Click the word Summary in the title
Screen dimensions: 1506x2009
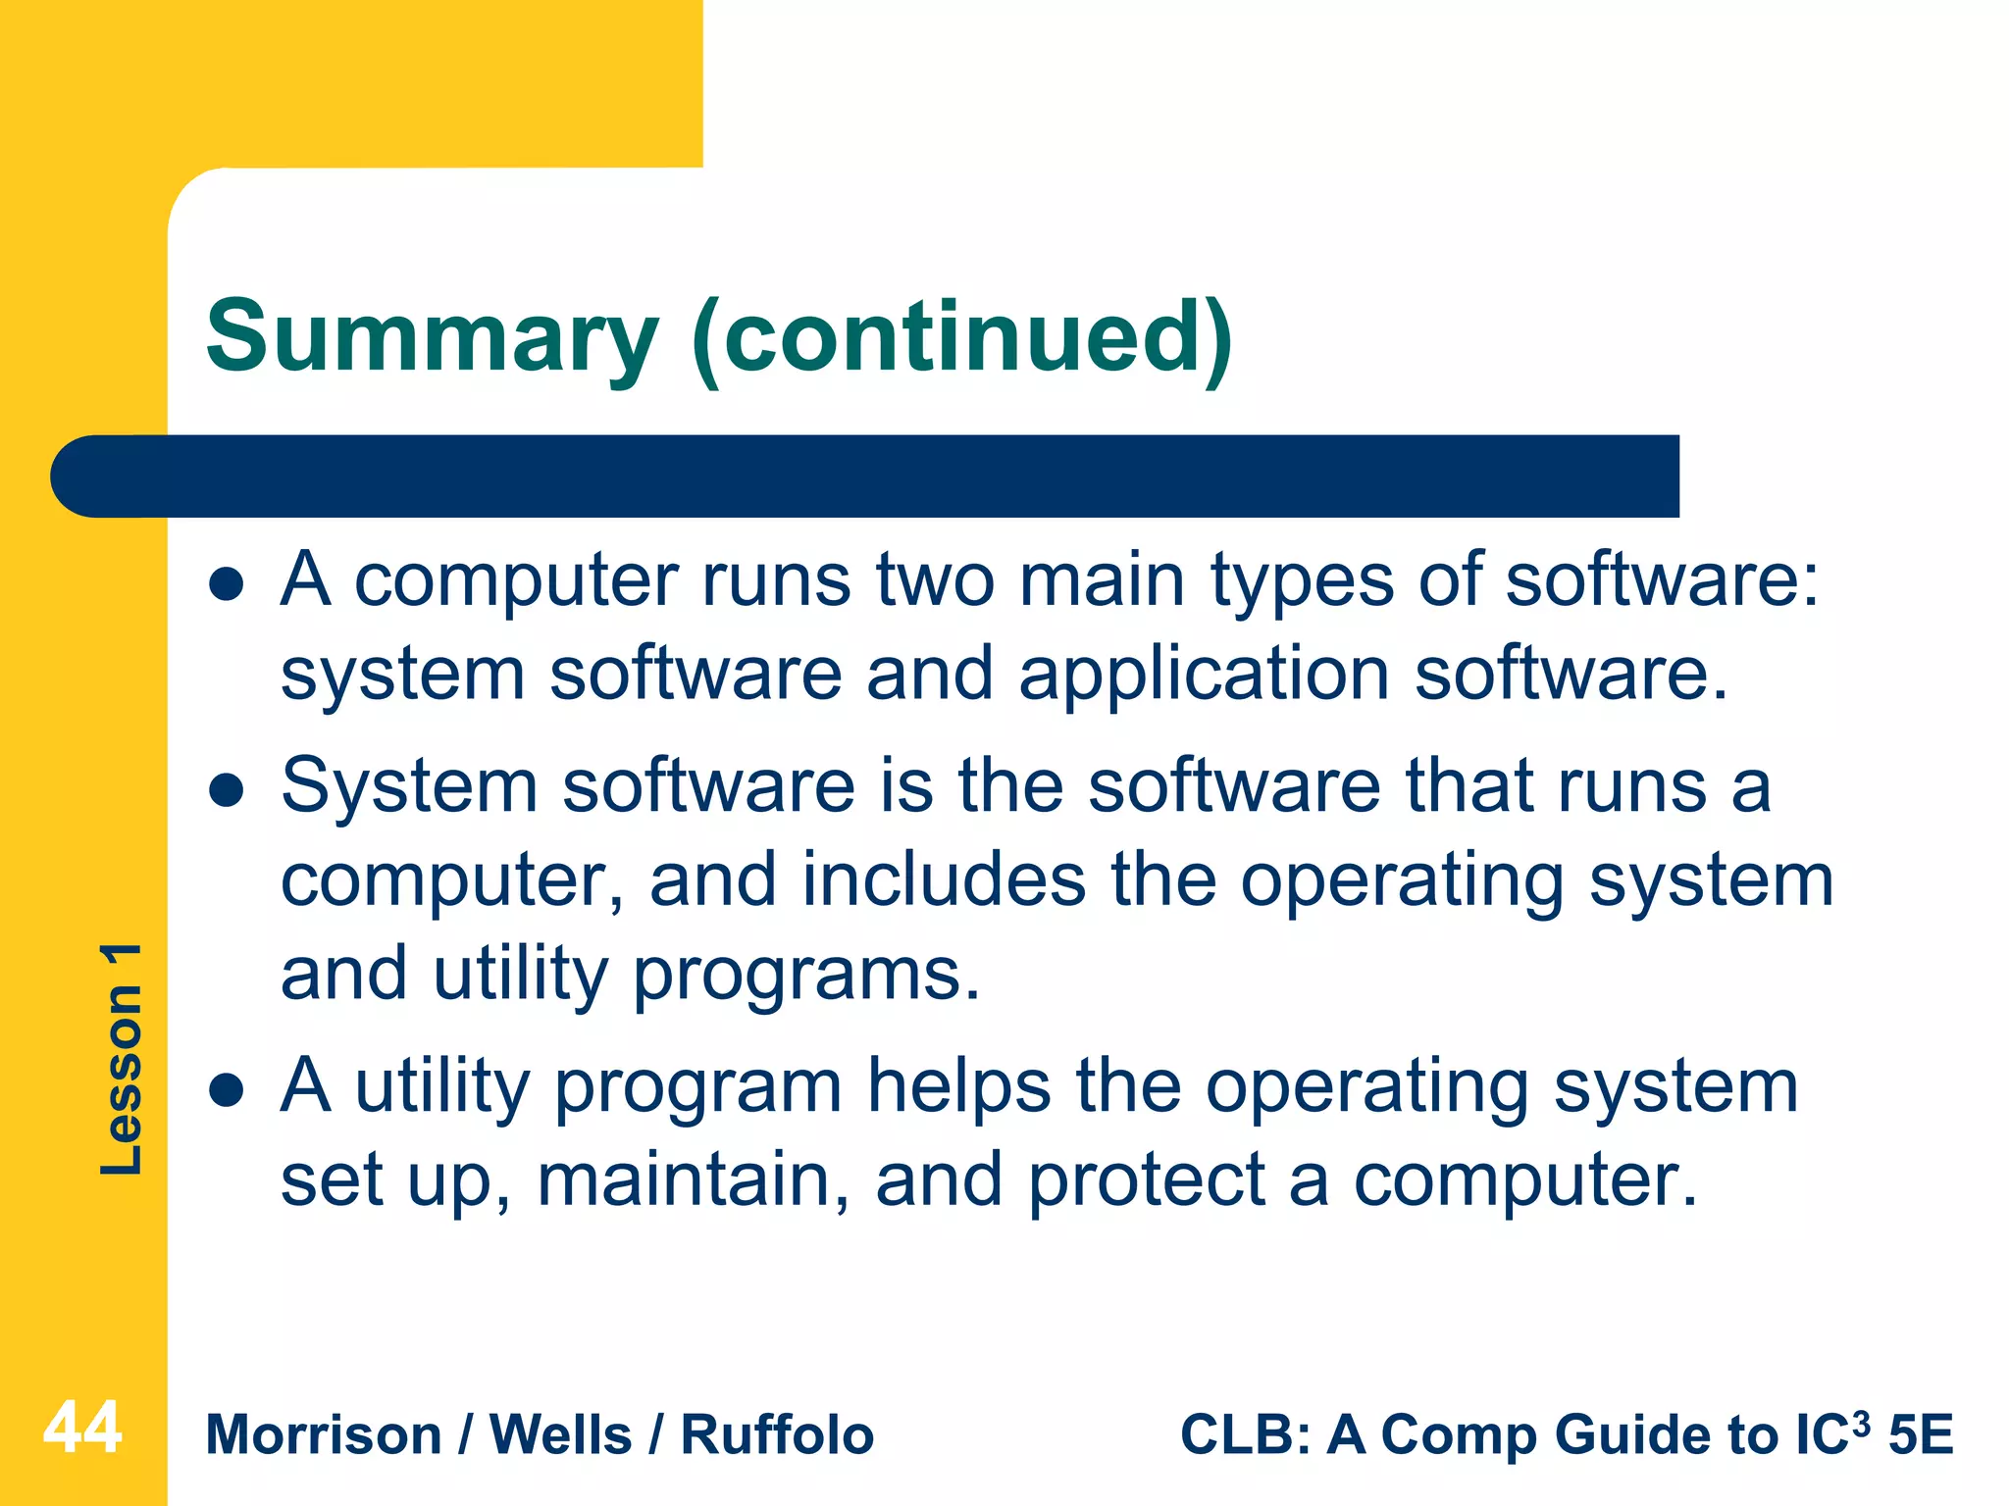(x=432, y=338)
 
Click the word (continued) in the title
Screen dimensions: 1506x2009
(x=961, y=338)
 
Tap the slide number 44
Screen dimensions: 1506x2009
(x=82, y=1428)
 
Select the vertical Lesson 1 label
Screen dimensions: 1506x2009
(x=122, y=1059)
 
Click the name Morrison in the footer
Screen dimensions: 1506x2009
(x=324, y=1435)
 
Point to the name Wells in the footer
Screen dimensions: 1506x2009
(x=561, y=1435)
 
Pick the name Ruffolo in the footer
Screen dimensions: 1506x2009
(x=777, y=1435)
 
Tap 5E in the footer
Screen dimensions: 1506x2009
(x=1921, y=1435)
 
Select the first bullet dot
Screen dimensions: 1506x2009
(x=227, y=585)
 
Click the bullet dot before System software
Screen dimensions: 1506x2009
(x=227, y=791)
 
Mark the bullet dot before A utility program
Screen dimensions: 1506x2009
(x=227, y=1090)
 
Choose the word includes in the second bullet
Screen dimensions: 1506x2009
(x=944, y=879)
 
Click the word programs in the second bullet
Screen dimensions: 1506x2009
(x=804, y=976)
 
